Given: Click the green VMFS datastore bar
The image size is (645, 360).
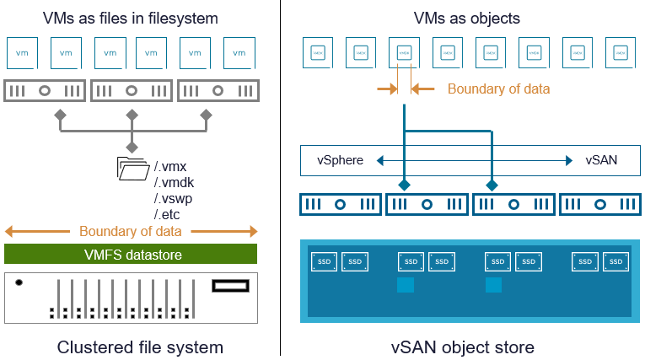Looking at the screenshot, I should [x=131, y=254].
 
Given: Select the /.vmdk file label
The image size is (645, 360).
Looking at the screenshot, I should [x=174, y=182].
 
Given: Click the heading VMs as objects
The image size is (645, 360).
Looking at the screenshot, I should [x=466, y=18].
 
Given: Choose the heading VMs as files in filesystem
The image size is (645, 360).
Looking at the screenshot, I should [x=132, y=18].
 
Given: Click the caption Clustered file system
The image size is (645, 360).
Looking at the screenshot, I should [x=140, y=347].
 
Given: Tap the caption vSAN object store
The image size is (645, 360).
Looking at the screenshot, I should [x=462, y=347].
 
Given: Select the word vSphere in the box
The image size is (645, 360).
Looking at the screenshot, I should [x=341, y=160].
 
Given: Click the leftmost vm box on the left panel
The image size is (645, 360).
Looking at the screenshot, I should [x=22, y=52].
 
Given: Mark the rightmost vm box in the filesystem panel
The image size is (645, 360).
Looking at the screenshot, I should [x=239, y=52].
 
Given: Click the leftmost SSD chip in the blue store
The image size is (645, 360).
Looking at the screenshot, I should [x=324, y=262].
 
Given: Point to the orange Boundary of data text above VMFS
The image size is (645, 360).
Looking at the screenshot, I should [x=131, y=231].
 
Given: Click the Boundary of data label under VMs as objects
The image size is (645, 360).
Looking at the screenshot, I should [x=498, y=89].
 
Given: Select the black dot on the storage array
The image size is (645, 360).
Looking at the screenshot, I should [x=19, y=282].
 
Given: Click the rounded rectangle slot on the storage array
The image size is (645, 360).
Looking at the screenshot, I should [x=231, y=286].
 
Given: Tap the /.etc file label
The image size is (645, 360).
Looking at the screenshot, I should [x=167, y=214].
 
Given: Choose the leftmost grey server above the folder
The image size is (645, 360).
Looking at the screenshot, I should [x=45, y=90].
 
